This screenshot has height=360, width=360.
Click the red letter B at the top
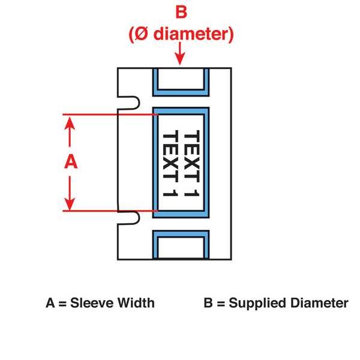tap(179, 12)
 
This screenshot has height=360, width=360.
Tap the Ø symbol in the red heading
tap(139, 34)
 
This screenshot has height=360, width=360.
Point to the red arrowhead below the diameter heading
tap(179, 59)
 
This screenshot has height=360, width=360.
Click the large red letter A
tap(71, 162)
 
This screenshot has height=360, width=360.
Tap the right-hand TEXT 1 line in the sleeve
tap(191, 162)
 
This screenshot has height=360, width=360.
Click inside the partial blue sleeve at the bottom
tap(181, 246)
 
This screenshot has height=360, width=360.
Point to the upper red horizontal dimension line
tap(108, 114)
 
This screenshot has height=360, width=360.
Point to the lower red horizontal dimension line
tap(108, 211)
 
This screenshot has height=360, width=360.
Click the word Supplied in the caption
tap(253, 303)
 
